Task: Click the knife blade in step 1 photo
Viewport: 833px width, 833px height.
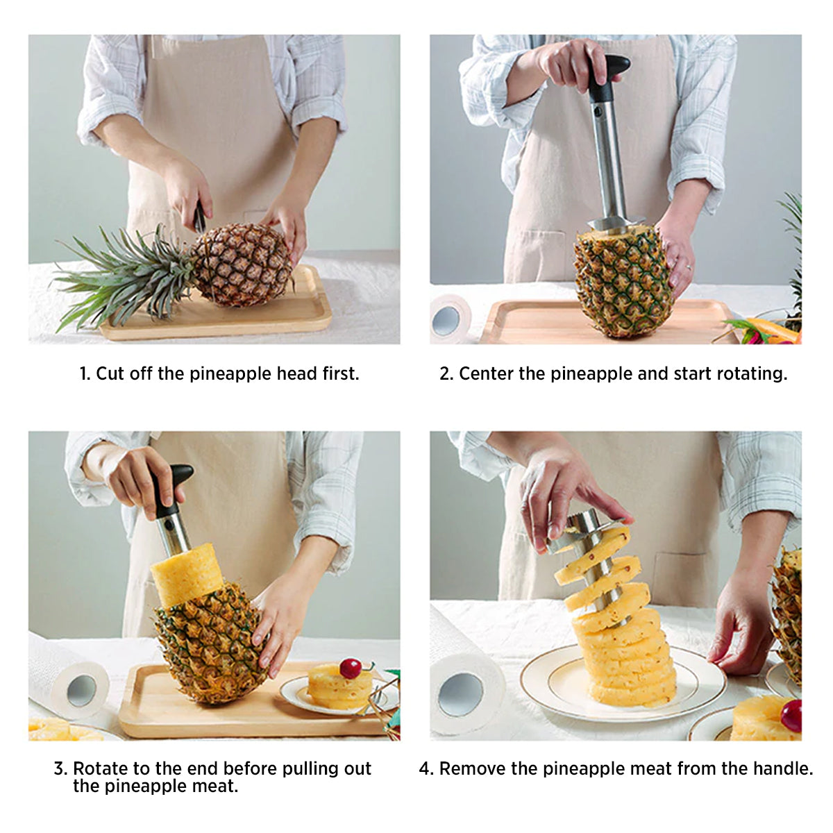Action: click(x=199, y=218)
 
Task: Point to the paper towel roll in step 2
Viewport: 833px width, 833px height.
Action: click(x=449, y=319)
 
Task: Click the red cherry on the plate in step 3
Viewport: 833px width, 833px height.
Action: click(x=351, y=668)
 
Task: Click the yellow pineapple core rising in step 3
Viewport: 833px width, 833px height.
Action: click(x=186, y=573)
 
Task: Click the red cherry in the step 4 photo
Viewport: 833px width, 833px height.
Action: click(x=791, y=715)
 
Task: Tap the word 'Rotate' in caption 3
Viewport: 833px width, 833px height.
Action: click(x=100, y=768)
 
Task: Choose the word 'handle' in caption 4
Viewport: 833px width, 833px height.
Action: click(x=784, y=768)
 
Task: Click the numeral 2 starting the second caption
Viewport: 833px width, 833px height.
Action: click(x=445, y=374)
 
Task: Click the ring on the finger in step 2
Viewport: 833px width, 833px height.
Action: click(x=688, y=266)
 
